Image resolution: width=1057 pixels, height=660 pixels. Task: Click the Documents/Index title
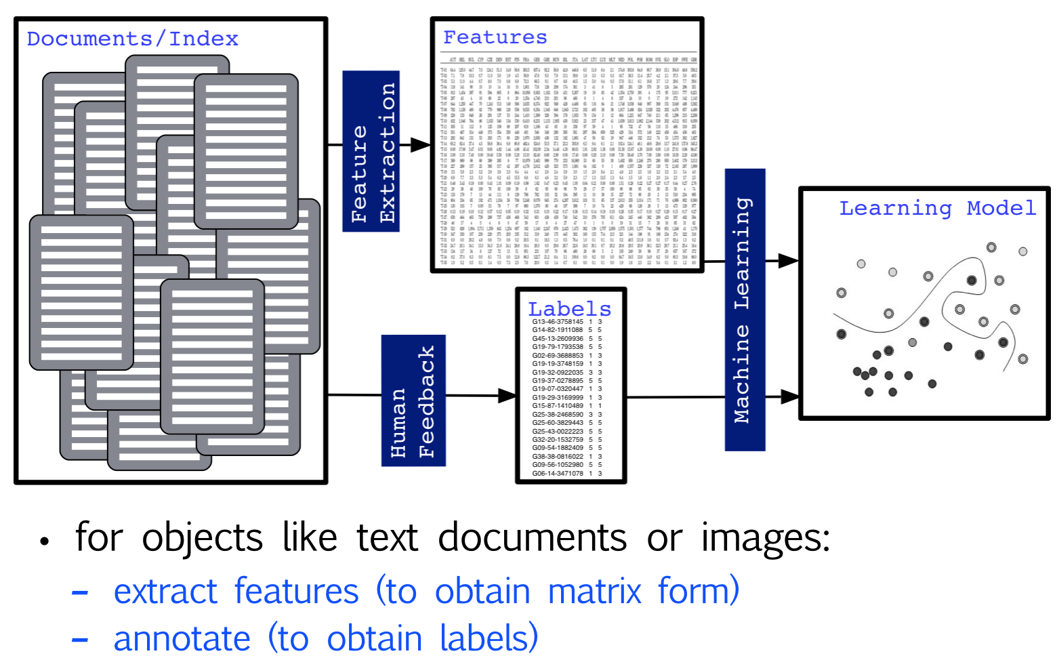(132, 39)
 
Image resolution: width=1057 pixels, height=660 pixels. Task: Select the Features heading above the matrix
(495, 37)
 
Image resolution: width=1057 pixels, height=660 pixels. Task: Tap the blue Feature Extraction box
(371, 151)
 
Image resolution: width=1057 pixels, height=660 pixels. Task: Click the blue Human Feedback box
(413, 400)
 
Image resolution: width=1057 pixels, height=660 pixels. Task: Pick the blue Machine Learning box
(745, 310)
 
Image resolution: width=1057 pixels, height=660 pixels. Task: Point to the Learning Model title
(937, 208)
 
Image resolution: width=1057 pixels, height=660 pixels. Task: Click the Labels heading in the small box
(569, 309)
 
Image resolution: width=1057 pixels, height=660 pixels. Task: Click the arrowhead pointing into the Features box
(421, 144)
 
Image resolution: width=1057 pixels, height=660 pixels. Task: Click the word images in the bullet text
(765, 539)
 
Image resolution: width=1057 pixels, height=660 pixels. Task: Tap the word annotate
(182, 639)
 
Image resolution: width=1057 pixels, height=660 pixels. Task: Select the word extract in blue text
(165, 591)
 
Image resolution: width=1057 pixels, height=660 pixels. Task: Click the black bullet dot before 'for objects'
(45, 541)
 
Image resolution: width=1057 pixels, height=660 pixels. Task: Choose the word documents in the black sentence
(532, 539)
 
